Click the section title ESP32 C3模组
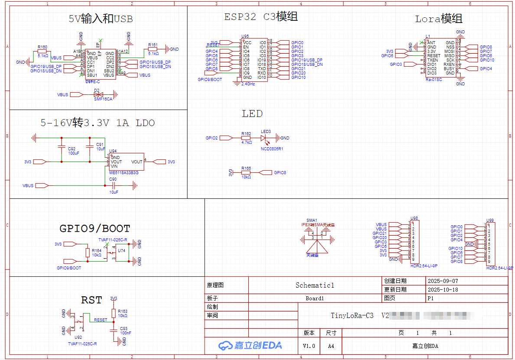pos(261,17)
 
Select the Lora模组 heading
pos(439,19)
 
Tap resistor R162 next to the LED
pos(246,138)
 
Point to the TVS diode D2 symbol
pos(98,94)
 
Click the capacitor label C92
pos(72,149)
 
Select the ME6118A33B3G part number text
pos(124,172)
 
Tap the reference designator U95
pos(245,36)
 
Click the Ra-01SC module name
pos(434,80)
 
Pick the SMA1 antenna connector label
pos(312,220)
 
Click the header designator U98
pos(414,218)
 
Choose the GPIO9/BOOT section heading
pos(95,228)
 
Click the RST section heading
pos(91,300)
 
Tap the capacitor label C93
pos(124,328)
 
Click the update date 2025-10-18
pos(443,289)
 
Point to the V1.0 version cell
pos(309,346)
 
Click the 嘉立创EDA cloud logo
pos(250,345)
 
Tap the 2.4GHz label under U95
pos(248,84)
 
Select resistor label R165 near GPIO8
pos(246,168)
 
